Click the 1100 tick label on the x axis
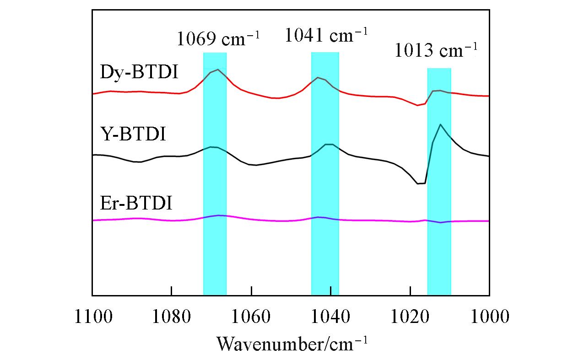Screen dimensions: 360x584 pos(92,317)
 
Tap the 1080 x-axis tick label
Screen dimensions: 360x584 pos(171,317)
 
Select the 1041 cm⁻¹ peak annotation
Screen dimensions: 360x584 pos(326,35)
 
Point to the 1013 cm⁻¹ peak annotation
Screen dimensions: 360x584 pos(435,51)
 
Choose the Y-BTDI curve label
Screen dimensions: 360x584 pos(133,135)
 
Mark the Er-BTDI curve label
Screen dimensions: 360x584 pos(136,202)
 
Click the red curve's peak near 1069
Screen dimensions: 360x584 pos(218,70)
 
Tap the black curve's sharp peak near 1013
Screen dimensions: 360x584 pos(440,124)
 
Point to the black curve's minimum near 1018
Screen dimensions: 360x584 pos(418,183)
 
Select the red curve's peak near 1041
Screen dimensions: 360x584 pos(319,78)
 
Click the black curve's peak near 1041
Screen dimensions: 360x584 pos(328,144)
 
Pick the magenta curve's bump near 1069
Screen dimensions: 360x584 pos(219,215)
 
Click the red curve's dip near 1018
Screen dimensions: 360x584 pos(417,105)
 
